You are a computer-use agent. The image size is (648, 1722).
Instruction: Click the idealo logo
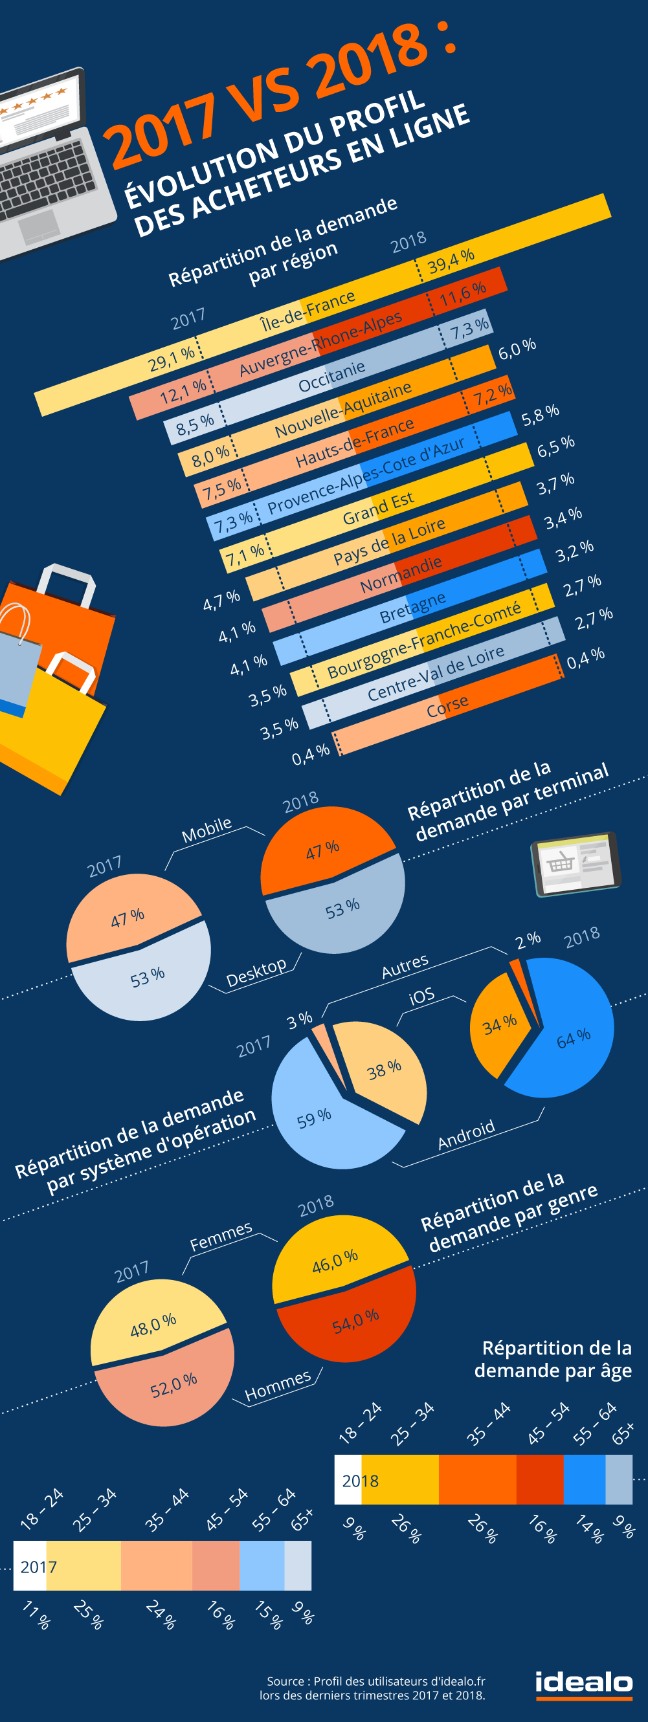tap(584, 1685)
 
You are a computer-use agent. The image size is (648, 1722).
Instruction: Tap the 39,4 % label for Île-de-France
tap(451, 261)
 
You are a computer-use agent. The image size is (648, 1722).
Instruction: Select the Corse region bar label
tap(447, 706)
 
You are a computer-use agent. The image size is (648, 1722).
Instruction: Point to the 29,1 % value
tap(172, 359)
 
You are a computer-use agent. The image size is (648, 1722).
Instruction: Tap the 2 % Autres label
tap(528, 940)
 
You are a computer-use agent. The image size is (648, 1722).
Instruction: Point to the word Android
tap(466, 1134)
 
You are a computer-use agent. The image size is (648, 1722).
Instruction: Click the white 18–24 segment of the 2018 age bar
tap(348, 1479)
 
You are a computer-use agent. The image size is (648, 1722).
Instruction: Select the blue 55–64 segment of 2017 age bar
tap(262, 1565)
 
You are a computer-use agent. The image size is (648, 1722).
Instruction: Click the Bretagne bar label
tap(412, 607)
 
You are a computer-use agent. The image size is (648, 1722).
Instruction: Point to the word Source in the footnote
tap(285, 1681)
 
